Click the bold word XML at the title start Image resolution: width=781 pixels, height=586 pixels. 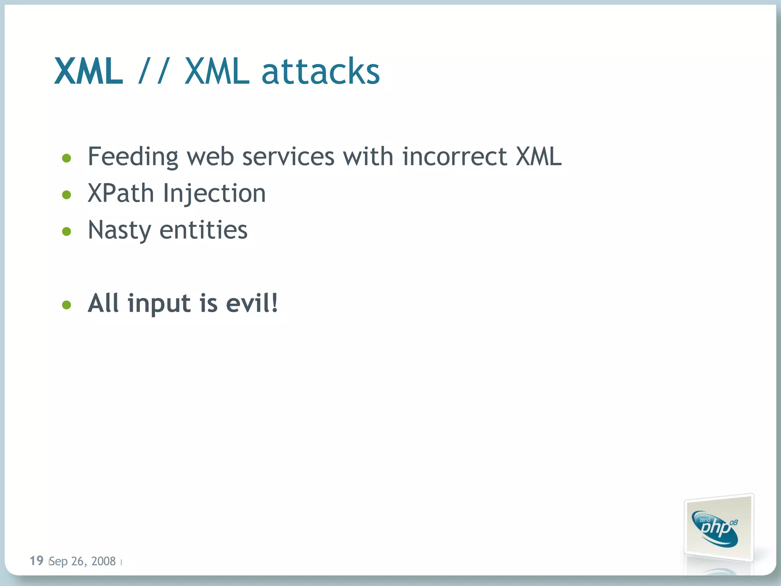pyautogui.click(x=89, y=71)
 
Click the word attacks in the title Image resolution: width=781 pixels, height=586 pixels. pyautogui.click(x=321, y=71)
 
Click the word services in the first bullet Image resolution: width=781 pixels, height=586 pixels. pyautogui.click(x=288, y=157)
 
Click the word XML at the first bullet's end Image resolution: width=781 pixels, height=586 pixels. pyautogui.click(x=538, y=156)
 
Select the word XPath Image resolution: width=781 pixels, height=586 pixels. pyautogui.click(x=121, y=193)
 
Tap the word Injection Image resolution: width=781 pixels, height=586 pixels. pyautogui.click(x=214, y=194)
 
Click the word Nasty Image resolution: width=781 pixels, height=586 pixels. pyautogui.click(x=119, y=230)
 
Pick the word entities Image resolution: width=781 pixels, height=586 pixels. pyautogui.click(x=203, y=230)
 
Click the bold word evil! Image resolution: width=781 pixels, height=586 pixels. pyautogui.click(x=252, y=303)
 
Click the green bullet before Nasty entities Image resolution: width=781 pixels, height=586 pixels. pyautogui.click(x=67, y=231)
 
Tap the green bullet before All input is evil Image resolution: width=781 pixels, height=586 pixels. pyautogui.click(x=67, y=304)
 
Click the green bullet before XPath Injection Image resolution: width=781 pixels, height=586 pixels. pyautogui.click(x=67, y=195)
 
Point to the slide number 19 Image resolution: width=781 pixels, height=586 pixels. pyautogui.click(x=37, y=560)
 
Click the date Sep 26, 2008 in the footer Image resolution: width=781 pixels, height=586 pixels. pyautogui.click(x=82, y=561)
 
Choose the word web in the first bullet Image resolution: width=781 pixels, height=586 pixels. pyautogui.click(x=210, y=157)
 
